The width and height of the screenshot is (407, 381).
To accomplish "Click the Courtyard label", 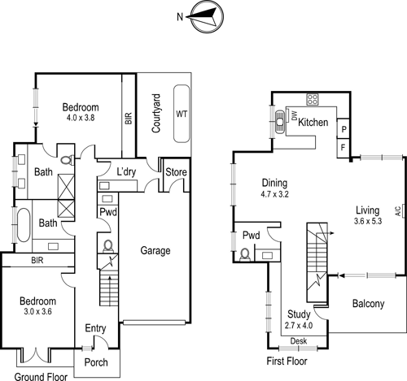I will coord(155,114).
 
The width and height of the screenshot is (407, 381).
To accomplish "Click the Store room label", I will coord(177,171).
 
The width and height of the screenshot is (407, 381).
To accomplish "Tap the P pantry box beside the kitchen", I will coord(344,129).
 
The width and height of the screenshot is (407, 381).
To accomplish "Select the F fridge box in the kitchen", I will coord(344,147).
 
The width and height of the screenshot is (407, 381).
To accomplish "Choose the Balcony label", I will coord(368,304).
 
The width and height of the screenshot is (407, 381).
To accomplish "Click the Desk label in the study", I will coord(298,340).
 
